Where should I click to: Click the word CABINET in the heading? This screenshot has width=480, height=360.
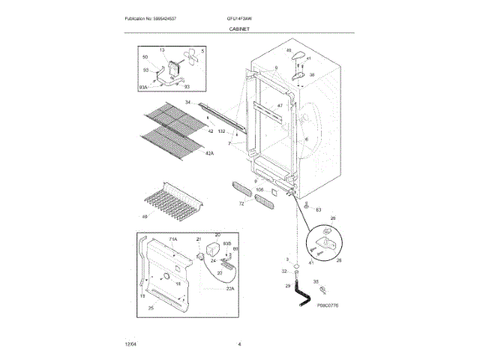click(x=239, y=28)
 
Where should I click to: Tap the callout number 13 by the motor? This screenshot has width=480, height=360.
click(x=160, y=49)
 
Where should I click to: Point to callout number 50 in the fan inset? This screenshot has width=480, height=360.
click(x=145, y=57)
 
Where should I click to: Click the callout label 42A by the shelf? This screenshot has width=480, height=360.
click(x=209, y=153)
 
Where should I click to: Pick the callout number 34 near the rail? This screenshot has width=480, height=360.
click(x=188, y=101)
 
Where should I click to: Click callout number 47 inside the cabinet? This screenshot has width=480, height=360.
click(x=279, y=106)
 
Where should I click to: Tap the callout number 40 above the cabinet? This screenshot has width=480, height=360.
click(x=288, y=50)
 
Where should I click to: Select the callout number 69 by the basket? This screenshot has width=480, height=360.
click(x=145, y=217)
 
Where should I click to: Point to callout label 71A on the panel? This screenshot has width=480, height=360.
click(x=172, y=238)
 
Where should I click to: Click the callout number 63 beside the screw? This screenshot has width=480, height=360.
click(x=318, y=209)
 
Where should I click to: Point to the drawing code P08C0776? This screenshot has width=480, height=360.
click(x=328, y=305)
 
